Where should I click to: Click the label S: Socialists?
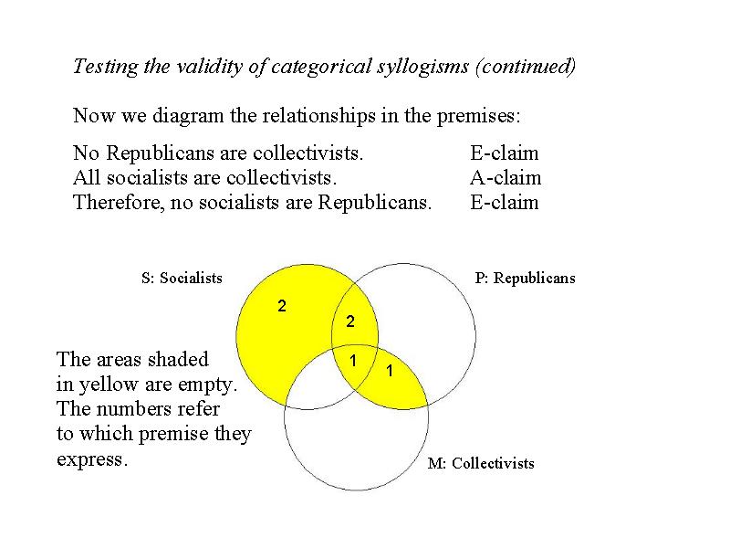click(x=182, y=278)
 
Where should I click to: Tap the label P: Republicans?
click(x=526, y=278)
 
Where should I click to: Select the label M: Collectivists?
click(x=481, y=463)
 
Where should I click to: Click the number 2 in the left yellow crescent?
click(x=282, y=306)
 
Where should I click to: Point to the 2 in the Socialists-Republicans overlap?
click(x=350, y=321)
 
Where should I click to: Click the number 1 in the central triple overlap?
click(x=353, y=360)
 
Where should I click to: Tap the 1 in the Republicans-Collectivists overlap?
click(x=390, y=371)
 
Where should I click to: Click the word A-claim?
click(x=506, y=177)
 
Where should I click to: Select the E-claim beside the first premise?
click(x=505, y=153)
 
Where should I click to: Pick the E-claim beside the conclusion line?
click(x=505, y=202)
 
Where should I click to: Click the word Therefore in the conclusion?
click(x=119, y=203)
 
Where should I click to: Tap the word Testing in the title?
click(x=106, y=67)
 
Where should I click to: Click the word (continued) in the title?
click(x=526, y=67)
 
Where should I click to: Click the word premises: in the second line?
click(x=478, y=117)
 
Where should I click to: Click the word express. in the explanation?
click(x=92, y=460)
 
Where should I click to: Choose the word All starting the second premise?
click(x=87, y=177)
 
